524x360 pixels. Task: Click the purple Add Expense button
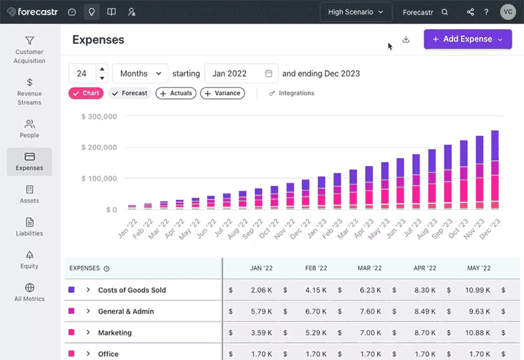point(467,39)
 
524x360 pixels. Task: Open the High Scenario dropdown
point(355,12)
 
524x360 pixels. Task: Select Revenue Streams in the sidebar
point(29,92)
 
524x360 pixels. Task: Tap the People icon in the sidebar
point(29,124)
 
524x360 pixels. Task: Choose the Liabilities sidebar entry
point(29,227)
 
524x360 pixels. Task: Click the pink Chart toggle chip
point(86,93)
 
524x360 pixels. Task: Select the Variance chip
point(222,93)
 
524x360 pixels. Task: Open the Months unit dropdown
point(140,73)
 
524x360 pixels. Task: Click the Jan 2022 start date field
point(241,73)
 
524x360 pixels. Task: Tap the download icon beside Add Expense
point(406,39)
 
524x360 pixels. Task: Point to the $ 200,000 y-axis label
point(99,148)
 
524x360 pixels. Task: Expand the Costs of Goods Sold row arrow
point(88,290)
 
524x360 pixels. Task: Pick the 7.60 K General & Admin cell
point(369,312)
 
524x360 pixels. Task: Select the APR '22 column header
point(424,268)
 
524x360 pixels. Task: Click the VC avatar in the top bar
point(508,12)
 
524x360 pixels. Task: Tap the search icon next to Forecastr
point(445,12)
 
